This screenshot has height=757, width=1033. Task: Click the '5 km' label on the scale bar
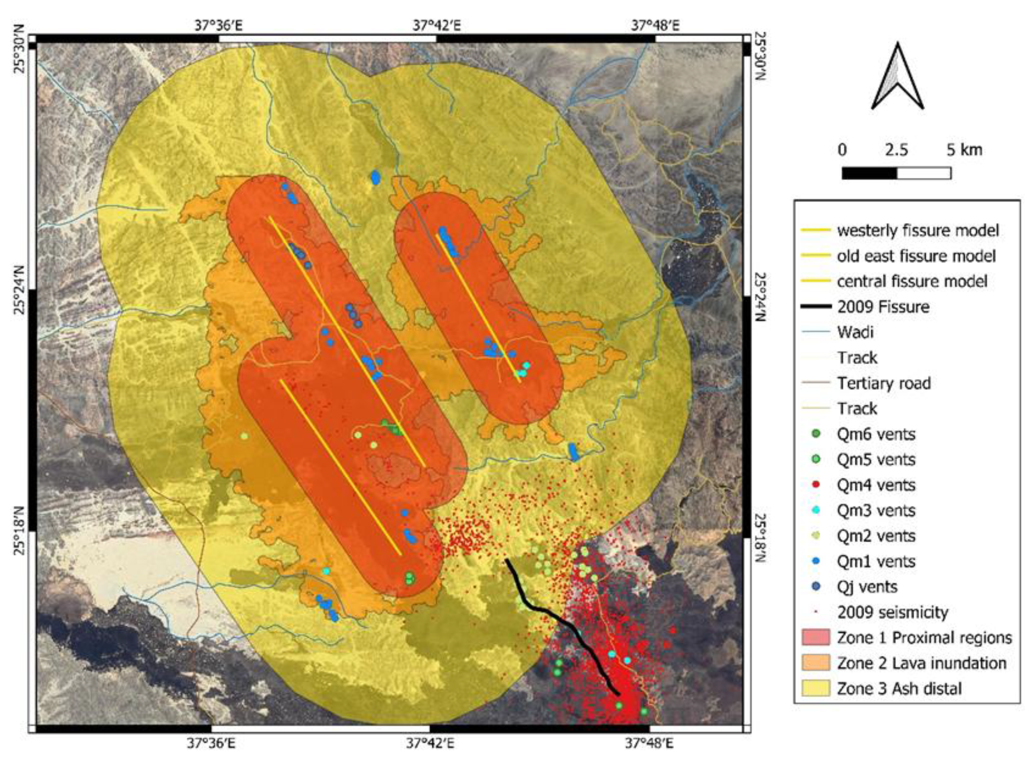(x=964, y=150)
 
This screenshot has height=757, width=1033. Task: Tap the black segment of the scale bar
(x=869, y=173)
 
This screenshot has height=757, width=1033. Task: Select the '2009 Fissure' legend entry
(x=883, y=307)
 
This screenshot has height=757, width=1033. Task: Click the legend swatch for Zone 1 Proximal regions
(x=816, y=637)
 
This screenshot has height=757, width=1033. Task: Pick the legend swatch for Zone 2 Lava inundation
(x=816, y=663)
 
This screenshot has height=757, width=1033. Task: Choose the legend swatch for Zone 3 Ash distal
(x=816, y=688)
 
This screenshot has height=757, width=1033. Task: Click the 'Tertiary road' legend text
(x=883, y=383)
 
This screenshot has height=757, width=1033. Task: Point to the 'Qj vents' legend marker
(x=816, y=586)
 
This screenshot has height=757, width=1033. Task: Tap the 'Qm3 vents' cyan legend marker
(x=816, y=510)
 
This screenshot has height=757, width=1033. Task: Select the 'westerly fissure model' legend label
(x=918, y=231)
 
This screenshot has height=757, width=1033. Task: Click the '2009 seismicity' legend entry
(x=892, y=612)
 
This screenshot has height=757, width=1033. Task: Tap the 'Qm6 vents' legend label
(x=876, y=435)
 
